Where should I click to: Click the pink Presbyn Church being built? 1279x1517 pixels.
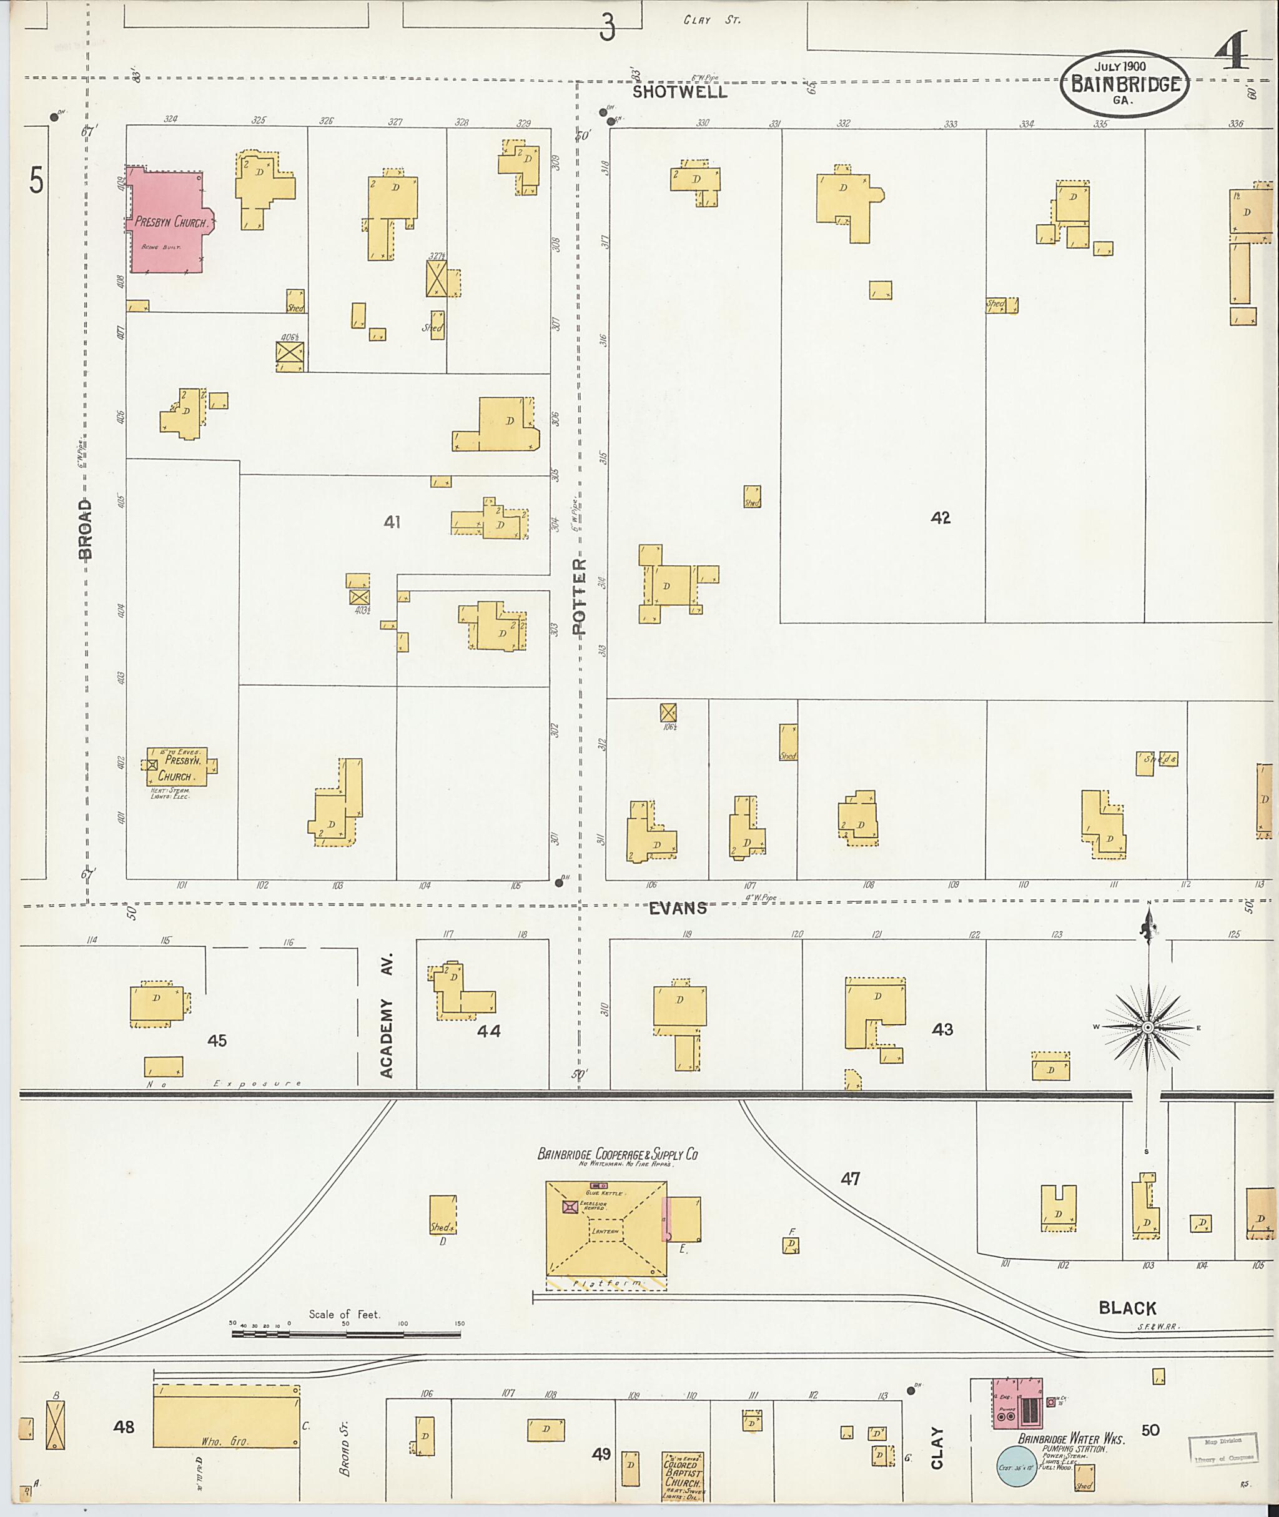(x=167, y=222)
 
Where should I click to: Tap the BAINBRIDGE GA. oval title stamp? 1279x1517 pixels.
(x=1125, y=85)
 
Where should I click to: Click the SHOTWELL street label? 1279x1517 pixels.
(x=679, y=92)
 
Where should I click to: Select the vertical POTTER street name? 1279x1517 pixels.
(x=578, y=596)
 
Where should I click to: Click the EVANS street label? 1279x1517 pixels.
(x=677, y=908)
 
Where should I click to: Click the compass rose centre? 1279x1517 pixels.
(x=1148, y=1027)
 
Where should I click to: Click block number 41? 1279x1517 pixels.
(x=392, y=521)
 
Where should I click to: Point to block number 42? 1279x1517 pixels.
(x=941, y=518)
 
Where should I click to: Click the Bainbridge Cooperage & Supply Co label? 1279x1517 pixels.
(x=617, y=1154)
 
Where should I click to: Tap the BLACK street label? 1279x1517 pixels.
(x=1127, y=1307)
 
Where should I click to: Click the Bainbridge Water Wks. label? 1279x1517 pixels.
(x=1071, y=1440)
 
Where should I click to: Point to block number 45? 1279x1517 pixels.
(x=217, y=1040)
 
